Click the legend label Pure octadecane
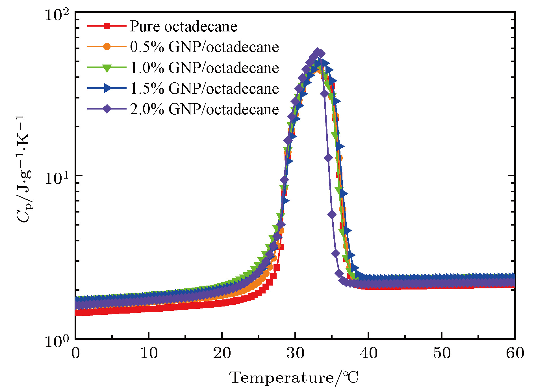[183, 26]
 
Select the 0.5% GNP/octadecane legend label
[204, 47]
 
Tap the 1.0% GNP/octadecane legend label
[204, 68]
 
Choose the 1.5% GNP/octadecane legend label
[204, 89]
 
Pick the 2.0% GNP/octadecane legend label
[204, 109]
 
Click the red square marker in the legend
[107, 26]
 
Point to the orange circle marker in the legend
[107, 47]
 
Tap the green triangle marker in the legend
[107, 68]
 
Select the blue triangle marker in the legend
[107, 88]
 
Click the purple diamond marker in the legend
[107, 109]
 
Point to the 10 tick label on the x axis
[149, 353]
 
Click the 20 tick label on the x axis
[222, 353]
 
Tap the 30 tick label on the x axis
[295, 353]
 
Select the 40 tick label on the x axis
[368, 353]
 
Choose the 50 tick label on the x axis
[442, 353]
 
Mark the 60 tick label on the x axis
[515, 353]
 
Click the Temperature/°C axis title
[294, 378]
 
